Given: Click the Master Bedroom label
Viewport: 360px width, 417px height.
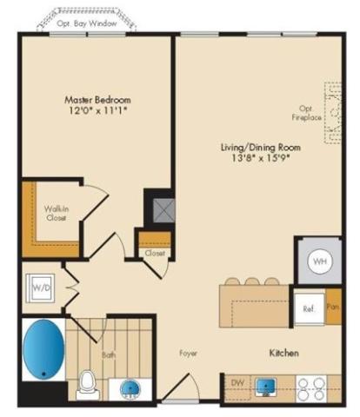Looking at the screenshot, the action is click(x=97, y=100).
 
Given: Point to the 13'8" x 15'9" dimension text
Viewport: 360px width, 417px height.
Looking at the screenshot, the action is click(x=261, y=158).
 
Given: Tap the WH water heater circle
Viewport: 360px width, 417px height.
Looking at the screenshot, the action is click(x=320, y=261).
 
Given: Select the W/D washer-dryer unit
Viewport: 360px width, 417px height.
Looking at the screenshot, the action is click(x=40, y=288).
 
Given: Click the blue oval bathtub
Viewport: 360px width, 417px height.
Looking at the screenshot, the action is click(x=43, y=348).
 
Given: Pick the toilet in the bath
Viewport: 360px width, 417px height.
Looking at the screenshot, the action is click(x=87, y=385).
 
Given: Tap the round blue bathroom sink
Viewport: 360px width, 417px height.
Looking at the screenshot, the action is click(x=130, y=389).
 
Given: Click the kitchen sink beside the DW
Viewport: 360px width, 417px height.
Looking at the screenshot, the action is click(x=265, y=387).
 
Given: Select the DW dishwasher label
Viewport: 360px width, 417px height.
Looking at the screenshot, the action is click(x=237, y=382).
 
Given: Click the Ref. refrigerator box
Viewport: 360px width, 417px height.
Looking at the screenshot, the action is click(x=309, y=309).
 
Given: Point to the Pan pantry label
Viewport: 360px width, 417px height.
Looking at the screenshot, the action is click(x=333, y=307).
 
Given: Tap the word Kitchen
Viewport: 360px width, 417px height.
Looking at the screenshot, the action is click(x=283, y=353).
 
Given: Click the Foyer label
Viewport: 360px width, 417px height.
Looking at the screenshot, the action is click(x=189, y=354).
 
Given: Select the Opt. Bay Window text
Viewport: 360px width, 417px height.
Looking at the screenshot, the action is click(x=87, y=23).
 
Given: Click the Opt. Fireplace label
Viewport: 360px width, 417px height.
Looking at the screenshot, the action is click(x=306, y=113).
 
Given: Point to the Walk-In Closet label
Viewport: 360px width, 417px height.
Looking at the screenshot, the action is click(x=57, y=213).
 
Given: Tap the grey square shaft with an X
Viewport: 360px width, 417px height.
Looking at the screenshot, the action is click(x=163, y=210).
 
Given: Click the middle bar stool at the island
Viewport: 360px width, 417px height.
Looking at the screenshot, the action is click(x=252, y=281).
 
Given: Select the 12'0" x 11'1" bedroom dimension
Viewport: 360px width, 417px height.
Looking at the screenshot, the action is click(x=98, y=110).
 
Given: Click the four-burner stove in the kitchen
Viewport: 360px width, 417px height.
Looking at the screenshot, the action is click(x=311, y=389).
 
